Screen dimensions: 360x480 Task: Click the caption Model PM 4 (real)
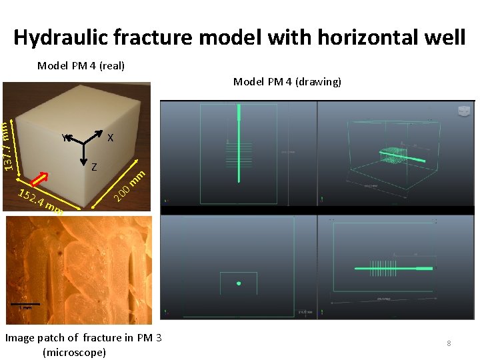click(81, 65)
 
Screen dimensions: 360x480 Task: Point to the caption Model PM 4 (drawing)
click(287, 81)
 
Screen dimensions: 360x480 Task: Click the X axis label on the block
click(111, 138)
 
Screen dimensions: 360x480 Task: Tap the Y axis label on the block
click(63, 139)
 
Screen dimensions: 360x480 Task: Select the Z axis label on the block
click(94, 167)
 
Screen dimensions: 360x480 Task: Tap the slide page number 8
click(449, 343)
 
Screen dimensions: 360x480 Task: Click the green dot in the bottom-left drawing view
click(239, 283)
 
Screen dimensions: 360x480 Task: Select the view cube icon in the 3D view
click(463, 111)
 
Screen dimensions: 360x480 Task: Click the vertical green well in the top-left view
click(238, 147)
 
